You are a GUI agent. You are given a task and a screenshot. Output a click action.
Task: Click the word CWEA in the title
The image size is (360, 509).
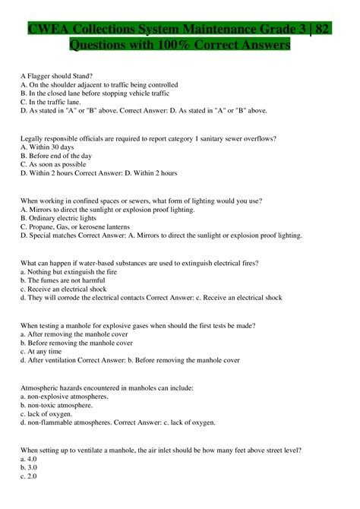coord(48,30)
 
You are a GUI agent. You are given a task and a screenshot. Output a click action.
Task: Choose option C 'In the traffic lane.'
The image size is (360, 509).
coord(53,101)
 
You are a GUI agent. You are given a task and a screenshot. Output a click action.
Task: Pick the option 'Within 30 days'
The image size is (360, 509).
coord(51,147)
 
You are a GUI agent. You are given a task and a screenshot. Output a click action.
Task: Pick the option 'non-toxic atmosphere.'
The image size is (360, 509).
coord(62,406)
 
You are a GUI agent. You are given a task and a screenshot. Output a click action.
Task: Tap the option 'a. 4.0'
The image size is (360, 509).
coord(28,460)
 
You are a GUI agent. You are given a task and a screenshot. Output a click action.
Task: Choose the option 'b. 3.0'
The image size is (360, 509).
coord(28,468)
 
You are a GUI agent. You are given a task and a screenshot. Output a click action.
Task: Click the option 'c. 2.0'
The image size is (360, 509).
coord(28,477)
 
